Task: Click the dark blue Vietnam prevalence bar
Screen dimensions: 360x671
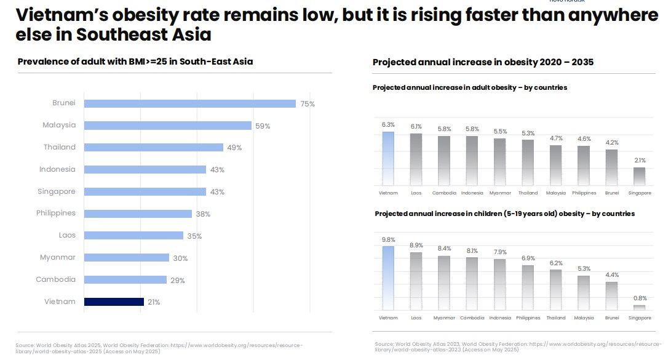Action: (x=114, y=302)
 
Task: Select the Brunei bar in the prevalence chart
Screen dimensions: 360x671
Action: (x=189, y=103)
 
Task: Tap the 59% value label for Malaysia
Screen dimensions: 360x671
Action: (x=263, y=126)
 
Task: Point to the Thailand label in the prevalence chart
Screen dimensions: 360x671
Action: (x=60, y=147)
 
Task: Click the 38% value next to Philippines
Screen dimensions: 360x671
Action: (x=203, y=214)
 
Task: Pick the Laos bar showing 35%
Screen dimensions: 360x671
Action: (x=133, y=235)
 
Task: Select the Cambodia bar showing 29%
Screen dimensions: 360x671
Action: (x=125, y=279)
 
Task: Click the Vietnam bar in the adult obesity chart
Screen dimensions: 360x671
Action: (x=388, y=158)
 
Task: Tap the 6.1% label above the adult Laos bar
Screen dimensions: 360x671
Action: (x=416, y=126)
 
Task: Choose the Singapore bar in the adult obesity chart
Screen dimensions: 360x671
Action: (x=640, y=176)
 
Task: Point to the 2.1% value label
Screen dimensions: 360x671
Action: (x=640, y=160)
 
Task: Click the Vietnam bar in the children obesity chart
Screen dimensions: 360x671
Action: (x=388, y=278)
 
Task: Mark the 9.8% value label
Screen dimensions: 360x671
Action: (x=388, y=239)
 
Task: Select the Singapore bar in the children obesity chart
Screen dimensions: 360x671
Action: (x=640, y=306)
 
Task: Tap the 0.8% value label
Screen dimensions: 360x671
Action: (x=640, y=298)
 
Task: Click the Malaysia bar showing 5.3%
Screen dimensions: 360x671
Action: (x=584, y=292)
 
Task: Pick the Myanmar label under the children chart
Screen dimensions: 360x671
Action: (x=444, y=318)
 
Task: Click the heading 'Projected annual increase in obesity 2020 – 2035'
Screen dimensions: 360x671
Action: (x=483, y=63)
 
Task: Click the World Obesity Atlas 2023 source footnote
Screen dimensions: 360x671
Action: (x=517, y=346)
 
